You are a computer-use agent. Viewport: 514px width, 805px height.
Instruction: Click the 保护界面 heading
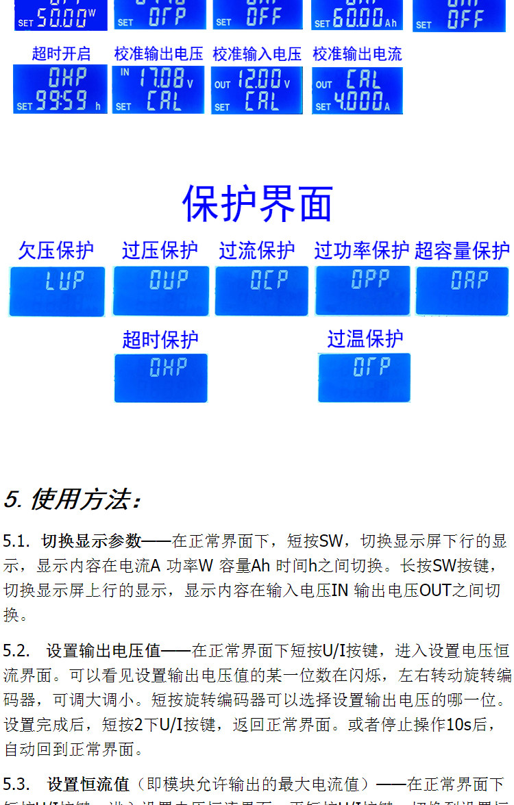pos(257,203)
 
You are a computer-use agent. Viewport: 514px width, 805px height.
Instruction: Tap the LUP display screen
pos(57,291)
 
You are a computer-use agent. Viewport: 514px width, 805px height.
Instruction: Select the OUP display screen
pos(160,291)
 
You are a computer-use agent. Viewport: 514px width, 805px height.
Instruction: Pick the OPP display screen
pos(363,290)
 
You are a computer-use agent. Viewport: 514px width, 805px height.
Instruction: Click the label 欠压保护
pos(56,251)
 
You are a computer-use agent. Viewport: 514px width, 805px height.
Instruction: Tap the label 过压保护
pos(160,251)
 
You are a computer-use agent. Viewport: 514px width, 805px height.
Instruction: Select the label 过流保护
pos(257,251)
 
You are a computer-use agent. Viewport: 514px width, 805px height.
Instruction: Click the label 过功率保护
pos(362,251)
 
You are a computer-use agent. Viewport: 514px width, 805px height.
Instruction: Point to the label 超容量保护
pos(463,251)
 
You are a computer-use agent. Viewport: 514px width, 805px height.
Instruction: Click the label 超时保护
pos(160,339)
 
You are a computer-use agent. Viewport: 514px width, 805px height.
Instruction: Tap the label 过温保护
pos(365,338)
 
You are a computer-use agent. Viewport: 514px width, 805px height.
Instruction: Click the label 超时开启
pos(61,53)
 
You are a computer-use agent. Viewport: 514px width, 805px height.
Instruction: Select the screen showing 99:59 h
pos(60,90)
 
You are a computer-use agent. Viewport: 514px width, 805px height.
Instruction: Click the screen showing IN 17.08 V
pos(158,90)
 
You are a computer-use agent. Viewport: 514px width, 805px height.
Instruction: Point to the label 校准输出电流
pos(357,53)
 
